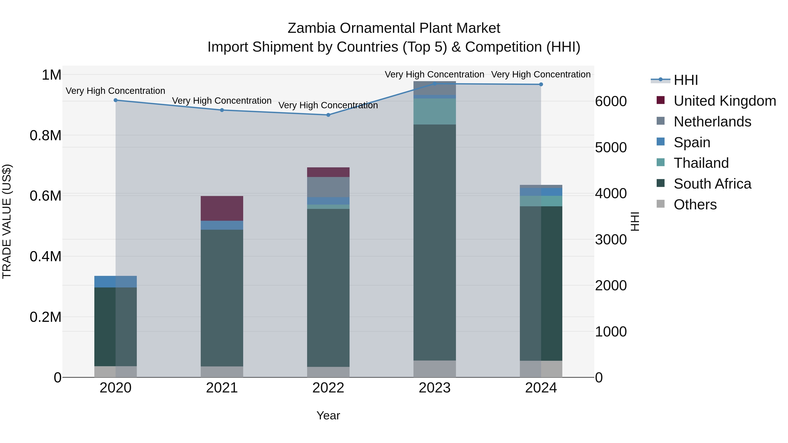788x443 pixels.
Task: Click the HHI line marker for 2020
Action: pyautogui.click(x=116, y=100)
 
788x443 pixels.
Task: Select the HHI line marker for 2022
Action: pyautogui.click(x=328, y=115)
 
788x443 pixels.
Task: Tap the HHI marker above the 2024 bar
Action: pyautogui.click(x=541, y=84)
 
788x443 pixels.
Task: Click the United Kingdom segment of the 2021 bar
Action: pyautogui.click(x=222, y=208)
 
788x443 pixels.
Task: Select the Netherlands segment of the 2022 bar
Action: pyautogui.click(x=328, y=187)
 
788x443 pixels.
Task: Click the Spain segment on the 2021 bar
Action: pyautogui.click(x=222, y=225)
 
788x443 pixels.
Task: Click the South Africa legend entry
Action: pyautogui.click(x=712, y=184)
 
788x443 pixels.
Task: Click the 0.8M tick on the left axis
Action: pyautogui.click(x=45, y=135)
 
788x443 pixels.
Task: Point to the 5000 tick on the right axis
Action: pyautogui.click(x=610, y=148)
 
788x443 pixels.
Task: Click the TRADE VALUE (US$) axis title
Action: pyautogui.click(x=7, y=221)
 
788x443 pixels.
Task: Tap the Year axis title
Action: pyautogui.click(x=328, y=415)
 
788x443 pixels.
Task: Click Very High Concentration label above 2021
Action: pyautogui.click(x=222, y=101)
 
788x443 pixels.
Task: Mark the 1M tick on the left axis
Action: pyautogui.click(x=51, y=75)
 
